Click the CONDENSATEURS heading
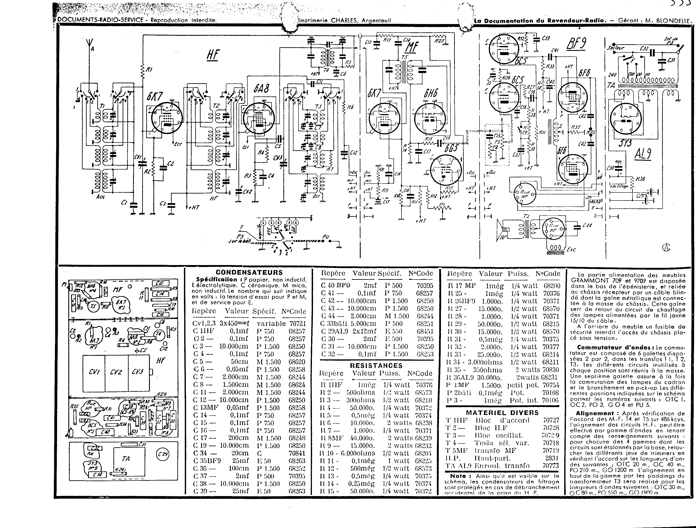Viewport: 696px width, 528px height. click(x=249, y=273)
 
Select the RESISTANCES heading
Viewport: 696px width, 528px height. click(x=376, y=366)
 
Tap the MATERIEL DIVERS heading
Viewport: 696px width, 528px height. click(x=502, y=413)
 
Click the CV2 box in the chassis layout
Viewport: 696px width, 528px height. click(x=116, y=372)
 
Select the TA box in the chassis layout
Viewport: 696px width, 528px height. click(x=126, y=459)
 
